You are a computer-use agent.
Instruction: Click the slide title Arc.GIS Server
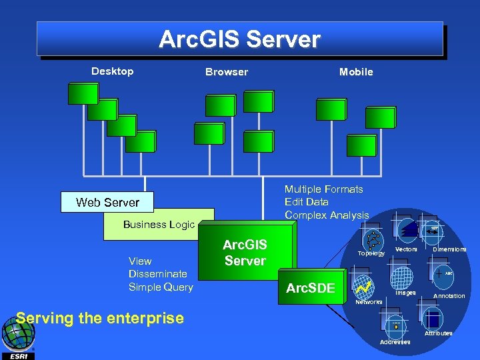point(239,39)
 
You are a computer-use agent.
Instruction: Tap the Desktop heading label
point(112,71)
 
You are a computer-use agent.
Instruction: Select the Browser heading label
point(226,72)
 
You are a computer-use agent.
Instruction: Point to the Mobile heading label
point(356,72)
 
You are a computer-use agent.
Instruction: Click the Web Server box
point(107,202)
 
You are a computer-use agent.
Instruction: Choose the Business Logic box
point(159,225)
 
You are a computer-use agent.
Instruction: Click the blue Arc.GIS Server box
point(245,253)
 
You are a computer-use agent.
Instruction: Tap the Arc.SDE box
point(310,288)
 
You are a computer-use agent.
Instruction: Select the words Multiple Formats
point(324,189)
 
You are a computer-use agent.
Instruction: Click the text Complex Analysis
point(327,215)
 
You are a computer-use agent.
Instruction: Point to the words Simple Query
point(161,287)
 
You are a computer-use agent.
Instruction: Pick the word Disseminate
point(158,274)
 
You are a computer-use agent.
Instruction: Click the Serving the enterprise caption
point(99,318)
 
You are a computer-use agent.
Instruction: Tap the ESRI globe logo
point(17,335)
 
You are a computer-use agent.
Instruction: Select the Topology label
point(371,253)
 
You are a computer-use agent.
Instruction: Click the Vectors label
point(406,249)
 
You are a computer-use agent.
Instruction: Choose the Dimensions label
point(449,249)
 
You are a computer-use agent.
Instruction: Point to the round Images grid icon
point(402,277)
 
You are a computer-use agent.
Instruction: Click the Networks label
point(369,302)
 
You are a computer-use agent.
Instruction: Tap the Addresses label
point(395,342)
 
